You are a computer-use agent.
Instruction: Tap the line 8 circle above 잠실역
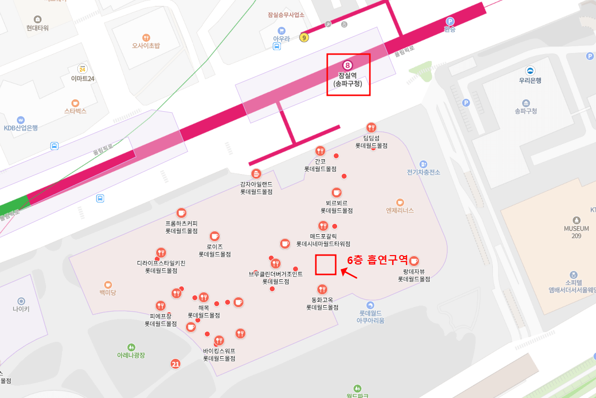point(348,65)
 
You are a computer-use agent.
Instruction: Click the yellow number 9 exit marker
point(304,37)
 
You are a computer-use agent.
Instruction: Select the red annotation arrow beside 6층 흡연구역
point(349,273)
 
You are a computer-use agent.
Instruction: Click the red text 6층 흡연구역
point(377,260)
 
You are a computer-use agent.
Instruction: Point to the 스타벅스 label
point(75,111)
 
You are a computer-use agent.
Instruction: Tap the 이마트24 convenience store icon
point(82,69)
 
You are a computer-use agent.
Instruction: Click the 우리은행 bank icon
point(530,70)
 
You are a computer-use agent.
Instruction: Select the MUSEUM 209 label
point(576,232)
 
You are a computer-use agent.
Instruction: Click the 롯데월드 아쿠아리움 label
point(370,317)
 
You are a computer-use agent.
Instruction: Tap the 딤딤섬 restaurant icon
point(371,128)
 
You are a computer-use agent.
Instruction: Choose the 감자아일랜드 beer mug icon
point(256,174)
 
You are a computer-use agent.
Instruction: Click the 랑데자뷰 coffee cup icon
point(414,261)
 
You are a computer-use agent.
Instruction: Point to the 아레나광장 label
point(131,355)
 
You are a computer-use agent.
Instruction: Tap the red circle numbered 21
point(175,364)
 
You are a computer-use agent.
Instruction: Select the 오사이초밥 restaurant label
point(146,46)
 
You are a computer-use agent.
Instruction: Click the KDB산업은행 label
point(21,128)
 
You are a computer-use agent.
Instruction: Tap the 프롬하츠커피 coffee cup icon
point(181,213)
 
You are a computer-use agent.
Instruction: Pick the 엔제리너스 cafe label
point(400,210)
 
